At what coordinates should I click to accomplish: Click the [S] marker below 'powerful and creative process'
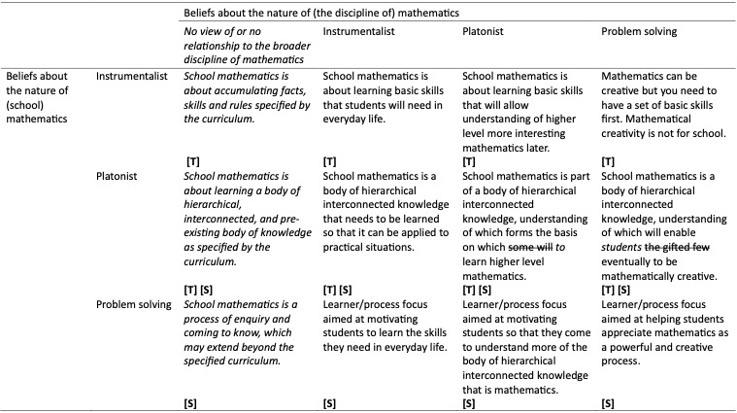609,401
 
